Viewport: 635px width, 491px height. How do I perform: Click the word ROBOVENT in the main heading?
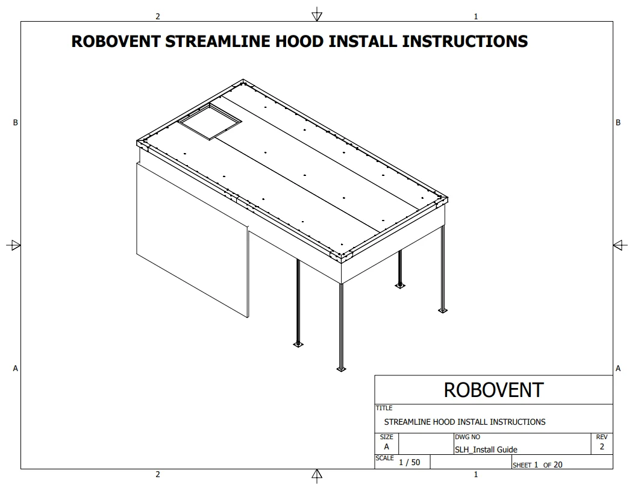click(116, 42)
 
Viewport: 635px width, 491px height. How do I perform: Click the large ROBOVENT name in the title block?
click(493, 390)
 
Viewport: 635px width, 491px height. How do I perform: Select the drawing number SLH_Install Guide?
click(486, 449)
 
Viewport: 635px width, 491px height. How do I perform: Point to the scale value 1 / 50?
click(410, 462)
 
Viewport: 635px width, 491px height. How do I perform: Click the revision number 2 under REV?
click(602, 446)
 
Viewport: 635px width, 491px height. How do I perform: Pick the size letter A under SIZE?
click(386, 446)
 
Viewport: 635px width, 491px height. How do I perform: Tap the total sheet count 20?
click(558, 464)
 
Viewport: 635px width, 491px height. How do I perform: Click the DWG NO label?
click(468, 437)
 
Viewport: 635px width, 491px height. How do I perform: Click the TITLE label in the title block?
click(384, 408)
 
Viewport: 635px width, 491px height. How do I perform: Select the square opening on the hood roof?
click(210, 122)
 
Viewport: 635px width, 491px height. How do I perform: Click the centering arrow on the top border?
click(317, 14)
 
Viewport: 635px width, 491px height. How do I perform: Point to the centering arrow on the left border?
click(14, 245)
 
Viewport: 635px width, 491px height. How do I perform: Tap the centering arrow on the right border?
click(621, 245)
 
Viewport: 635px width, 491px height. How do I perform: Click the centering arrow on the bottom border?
click(317, 476)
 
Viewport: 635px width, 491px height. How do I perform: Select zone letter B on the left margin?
click(16, 122)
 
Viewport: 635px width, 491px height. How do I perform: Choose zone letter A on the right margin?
click(618, 368)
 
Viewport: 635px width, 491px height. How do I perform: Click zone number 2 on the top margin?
click(158, 17)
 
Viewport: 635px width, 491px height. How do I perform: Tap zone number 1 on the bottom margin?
click(476, 474)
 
